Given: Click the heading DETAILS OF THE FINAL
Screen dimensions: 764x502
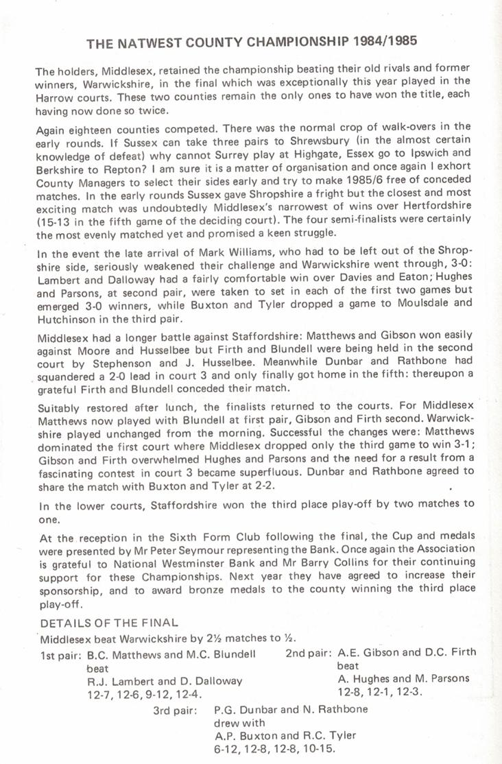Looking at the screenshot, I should (x=109, y=623).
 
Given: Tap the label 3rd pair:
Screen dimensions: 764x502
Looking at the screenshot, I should (x=176, y=710).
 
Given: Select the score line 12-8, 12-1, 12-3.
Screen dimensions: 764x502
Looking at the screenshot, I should (x=381, y=692).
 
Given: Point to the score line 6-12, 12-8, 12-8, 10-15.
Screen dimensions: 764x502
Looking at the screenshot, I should (x=274, y=748).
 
